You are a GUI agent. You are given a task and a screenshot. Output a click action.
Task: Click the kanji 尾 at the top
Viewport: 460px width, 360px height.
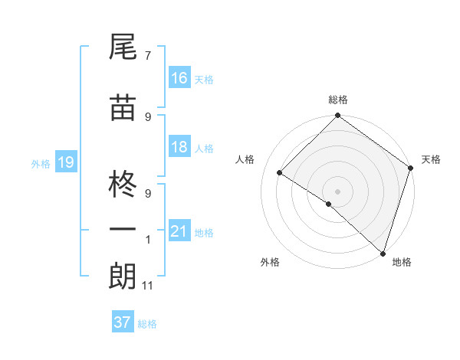(123, 48)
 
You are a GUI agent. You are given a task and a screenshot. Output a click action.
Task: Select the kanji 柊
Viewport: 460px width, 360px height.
(123, 183)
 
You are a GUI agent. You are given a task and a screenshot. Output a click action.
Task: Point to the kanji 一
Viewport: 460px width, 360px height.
(123, 230)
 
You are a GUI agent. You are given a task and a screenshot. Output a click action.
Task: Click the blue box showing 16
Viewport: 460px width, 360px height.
(179, 78)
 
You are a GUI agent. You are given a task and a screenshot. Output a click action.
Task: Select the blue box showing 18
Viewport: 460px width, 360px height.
(179, 147)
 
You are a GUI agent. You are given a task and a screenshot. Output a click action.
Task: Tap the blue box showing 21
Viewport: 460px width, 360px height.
(179, 231)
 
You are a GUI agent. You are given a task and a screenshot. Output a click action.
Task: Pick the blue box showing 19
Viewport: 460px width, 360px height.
(65, 162)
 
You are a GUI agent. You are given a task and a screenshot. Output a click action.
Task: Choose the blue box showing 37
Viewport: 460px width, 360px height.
(123, 322)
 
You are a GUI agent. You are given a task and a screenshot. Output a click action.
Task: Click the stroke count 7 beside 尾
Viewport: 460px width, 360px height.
(148, 55)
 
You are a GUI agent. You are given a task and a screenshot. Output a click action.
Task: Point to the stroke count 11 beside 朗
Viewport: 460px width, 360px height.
(148, 286)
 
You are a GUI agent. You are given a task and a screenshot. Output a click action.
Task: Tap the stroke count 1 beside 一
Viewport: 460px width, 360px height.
(148, 239)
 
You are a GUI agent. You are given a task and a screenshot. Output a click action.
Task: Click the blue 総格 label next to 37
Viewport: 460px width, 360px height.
(147, 324)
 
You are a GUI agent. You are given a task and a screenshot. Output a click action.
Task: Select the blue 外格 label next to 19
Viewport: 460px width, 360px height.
(40, 163)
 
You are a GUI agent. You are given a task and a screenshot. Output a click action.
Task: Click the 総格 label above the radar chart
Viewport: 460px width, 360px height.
(337, 100)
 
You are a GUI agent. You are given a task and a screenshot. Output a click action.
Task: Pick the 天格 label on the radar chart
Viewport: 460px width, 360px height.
(431, 159)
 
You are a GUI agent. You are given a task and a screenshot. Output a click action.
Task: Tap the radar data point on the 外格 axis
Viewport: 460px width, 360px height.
(329, 204)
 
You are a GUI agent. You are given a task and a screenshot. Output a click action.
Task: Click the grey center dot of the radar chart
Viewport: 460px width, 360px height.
(337, 191)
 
